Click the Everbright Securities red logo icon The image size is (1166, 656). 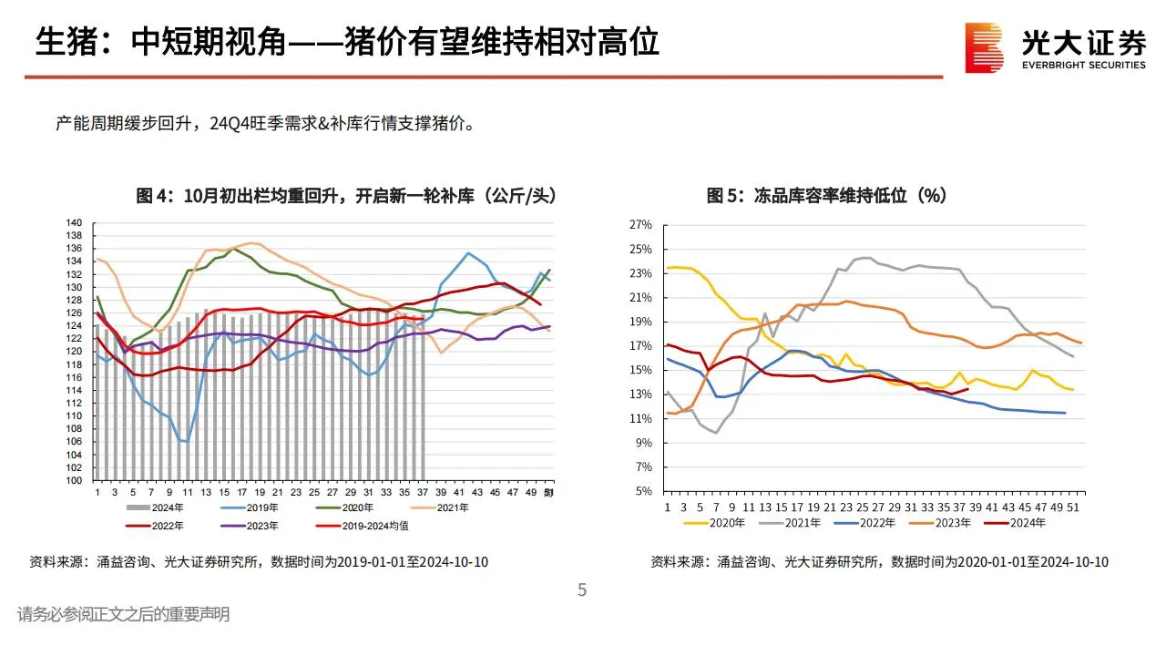pos(985,47)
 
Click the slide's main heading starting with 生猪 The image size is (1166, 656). pos(347,41)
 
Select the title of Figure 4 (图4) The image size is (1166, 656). pos(345,195)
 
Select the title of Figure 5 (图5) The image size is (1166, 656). pos(826,195)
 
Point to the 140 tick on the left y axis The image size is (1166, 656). pos(75,222)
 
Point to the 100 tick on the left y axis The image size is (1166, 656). pos(75,481)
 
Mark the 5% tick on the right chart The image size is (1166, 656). pos(644,491)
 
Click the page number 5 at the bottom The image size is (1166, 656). pos(582,590)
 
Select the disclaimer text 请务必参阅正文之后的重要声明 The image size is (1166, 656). pos(123,615)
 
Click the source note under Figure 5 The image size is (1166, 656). pos(879,562)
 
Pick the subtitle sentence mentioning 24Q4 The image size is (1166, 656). pos(265,123)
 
